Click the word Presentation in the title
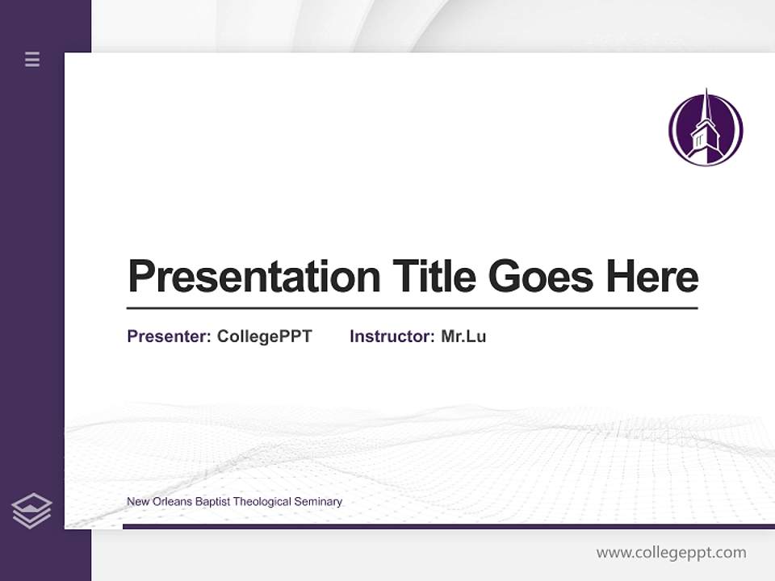click(253, 277)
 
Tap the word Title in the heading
click(434, 277)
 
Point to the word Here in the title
click(652, 277)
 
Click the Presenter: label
click(169, 336)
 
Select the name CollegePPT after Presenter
click(264, 336)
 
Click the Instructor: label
click(392, 336)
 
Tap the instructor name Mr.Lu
click(463, 336)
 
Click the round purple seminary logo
click(706, 129)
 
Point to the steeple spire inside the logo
click(706, 105)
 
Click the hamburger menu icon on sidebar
click(32, 59)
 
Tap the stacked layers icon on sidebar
click(31, 511)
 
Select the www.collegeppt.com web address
click(671, 553)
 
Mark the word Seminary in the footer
click(319, 502)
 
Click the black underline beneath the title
click(412, 308)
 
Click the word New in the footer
click(136, 502)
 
